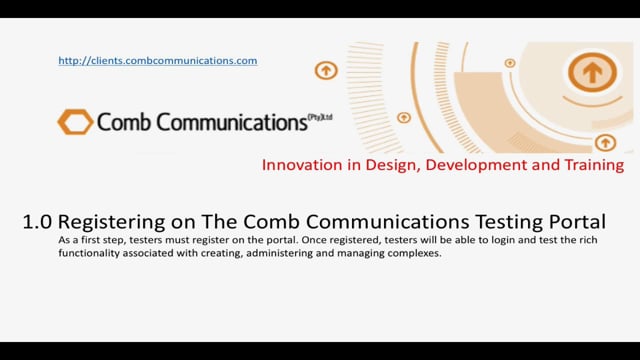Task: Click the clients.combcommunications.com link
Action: point(158,61)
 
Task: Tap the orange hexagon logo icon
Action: point(75,122)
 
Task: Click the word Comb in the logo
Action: point(122,123)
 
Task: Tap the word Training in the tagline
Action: point(590,164)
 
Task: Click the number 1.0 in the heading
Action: point(37,221)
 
